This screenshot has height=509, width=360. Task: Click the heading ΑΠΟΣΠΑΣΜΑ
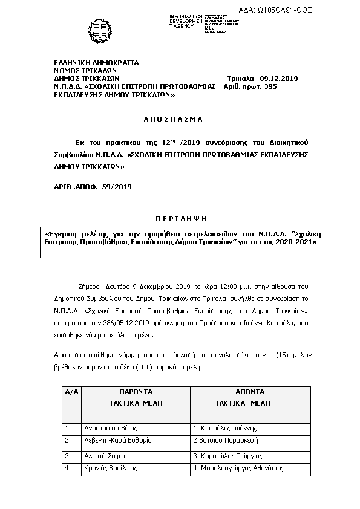coord(174,119)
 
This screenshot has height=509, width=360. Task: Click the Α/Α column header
coord(71,392)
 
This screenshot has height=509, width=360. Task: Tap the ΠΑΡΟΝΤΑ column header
coord(136,392)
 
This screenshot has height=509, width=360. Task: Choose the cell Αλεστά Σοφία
coord(104,455)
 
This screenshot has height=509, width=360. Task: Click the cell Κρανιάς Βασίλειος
coord(110,468)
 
